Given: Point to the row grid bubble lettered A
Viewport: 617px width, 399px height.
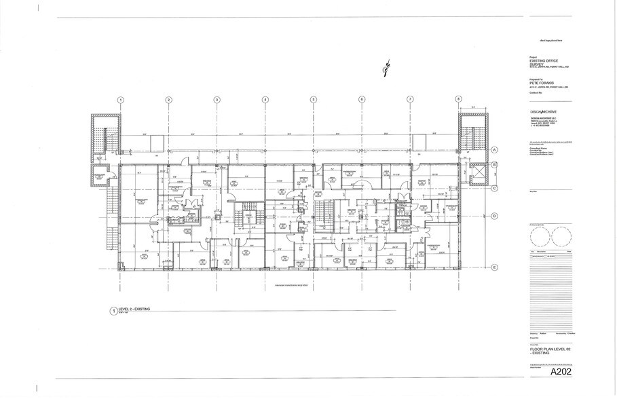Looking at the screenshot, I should click(x=496, y=149).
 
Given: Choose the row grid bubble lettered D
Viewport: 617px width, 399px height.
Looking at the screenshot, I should click(x=496, y=216).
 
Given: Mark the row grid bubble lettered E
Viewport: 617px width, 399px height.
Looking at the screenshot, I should click(x=496, y=267).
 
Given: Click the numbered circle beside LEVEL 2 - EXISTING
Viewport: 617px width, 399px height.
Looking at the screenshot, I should click(x=113, y=311).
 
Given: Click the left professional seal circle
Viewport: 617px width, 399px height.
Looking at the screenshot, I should click(x=540, y=237).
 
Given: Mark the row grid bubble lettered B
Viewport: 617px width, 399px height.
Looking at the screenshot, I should click(x=496, y=165).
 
